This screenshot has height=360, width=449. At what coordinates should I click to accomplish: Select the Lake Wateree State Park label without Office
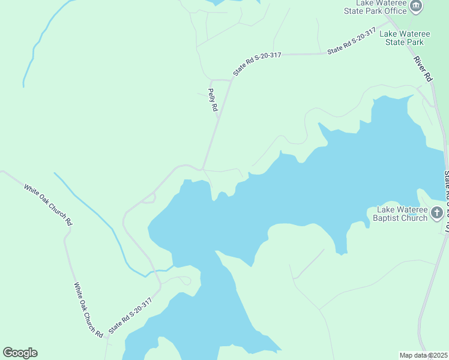(402, 38)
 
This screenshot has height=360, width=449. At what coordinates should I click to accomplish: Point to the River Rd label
(423, 69)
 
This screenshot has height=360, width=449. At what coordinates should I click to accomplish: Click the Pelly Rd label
(212, 100)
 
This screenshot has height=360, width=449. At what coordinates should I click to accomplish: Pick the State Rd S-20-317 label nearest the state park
(351, 41)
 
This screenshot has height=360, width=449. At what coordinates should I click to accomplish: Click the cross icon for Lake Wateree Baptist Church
(437, 213)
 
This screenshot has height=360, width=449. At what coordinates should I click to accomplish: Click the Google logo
(20, 353)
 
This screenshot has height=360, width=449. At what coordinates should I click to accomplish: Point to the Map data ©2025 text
(423, 355)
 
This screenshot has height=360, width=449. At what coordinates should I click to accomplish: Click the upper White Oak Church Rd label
(48, 205)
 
